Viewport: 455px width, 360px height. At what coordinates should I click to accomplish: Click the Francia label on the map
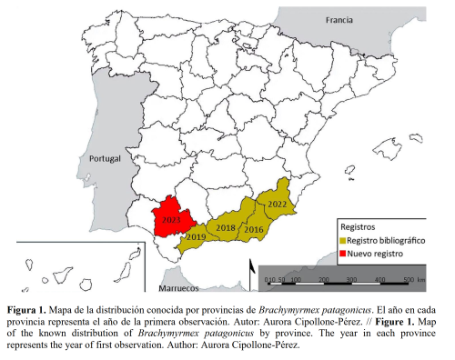coord(339,18)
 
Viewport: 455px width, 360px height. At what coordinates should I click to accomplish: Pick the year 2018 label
coord(226,227)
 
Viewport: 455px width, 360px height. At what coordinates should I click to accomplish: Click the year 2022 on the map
coord(277,205)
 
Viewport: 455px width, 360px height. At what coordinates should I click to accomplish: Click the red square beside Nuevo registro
coord(343,252)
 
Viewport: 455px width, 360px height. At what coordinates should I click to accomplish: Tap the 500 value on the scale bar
coord(409,277)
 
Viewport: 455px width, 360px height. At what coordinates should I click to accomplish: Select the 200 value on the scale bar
coord(323,277)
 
